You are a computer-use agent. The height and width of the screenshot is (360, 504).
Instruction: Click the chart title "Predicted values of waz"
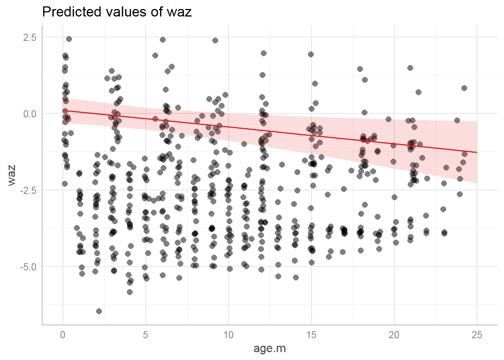click(117, 12)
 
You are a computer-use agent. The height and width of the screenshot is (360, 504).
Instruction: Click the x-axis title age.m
click(270, 348)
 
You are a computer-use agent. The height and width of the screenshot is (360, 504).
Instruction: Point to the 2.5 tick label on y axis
click(29, 37)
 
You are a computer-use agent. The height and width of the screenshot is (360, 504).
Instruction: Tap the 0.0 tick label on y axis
click(29, 114)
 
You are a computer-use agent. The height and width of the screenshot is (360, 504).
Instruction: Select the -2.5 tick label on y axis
click(28, 190)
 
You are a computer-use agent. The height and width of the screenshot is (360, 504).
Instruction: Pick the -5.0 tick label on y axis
click(28, 267)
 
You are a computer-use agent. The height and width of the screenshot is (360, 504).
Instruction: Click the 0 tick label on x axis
click(63, 335)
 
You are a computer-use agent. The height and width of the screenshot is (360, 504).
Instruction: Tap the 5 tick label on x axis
click(145, 335)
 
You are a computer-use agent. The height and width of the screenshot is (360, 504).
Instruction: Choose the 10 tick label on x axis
click(228, 335)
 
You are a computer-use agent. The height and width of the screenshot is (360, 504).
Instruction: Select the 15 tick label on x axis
click(311, 335)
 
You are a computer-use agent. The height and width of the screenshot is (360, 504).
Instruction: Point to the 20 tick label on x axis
click(394, 335)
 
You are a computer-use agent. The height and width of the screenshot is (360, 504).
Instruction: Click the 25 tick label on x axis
click(477, 335)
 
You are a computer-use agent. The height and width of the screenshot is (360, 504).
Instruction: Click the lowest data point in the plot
click(99, 311)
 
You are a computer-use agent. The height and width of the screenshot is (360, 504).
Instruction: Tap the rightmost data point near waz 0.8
click(464, 88)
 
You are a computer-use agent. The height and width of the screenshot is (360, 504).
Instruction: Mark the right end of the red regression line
click(477, 153)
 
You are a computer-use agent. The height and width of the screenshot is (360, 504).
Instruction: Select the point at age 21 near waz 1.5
click(410, 68)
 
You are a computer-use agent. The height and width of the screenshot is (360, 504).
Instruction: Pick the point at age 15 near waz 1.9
click(311, 54)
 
